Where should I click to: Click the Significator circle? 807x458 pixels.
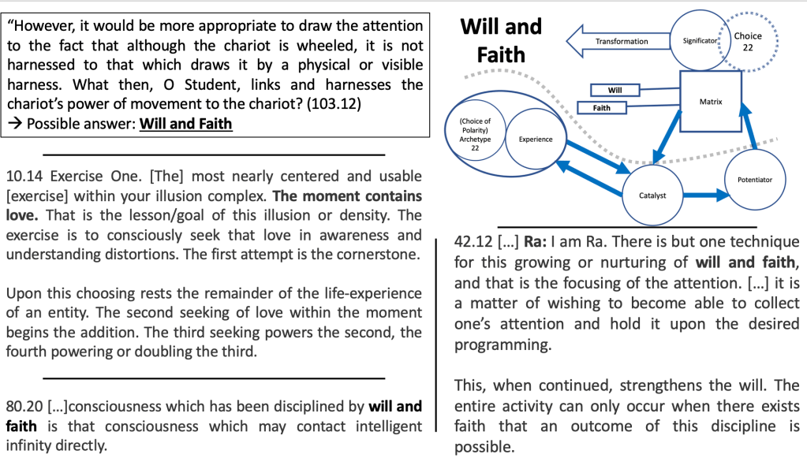pos(698,39)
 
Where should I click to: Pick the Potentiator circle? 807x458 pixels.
pos(754,180)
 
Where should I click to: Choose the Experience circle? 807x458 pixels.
pos(535,139)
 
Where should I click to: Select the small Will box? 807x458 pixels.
pos(615,90)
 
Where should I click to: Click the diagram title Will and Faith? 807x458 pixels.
pos(501,40)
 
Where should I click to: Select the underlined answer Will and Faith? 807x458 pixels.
pos(186,124)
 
